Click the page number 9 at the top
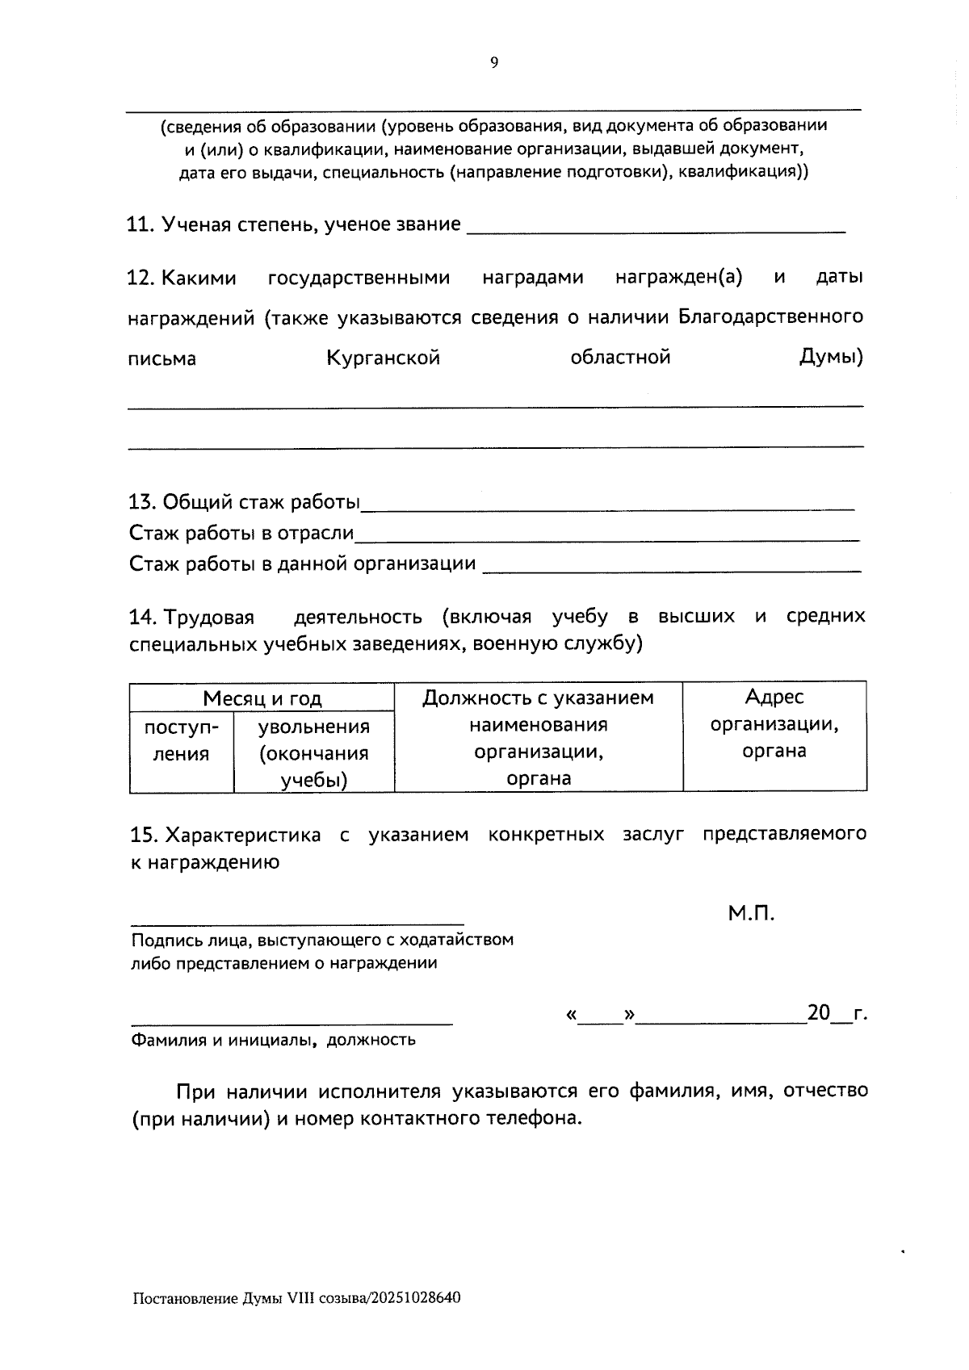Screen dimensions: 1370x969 point(494,63)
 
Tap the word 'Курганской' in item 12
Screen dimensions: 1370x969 point(384,358)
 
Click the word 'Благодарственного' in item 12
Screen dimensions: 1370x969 point(770,316)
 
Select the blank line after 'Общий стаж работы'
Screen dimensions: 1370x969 point(607,509)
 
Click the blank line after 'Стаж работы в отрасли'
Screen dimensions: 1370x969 point(607,538)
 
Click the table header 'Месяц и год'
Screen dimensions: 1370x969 point(262,698)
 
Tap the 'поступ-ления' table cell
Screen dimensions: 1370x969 point(181,740)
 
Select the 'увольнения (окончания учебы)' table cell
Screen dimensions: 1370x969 point(313,752)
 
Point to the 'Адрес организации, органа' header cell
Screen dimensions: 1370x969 point(774,723)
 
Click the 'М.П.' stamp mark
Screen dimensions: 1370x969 point(751,913)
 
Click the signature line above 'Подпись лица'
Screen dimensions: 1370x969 point(297,923)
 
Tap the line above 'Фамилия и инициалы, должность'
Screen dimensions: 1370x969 point(292,1024)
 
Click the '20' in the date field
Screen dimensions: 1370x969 point(818,1012)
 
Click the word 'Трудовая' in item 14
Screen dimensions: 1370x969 point(209,618)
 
